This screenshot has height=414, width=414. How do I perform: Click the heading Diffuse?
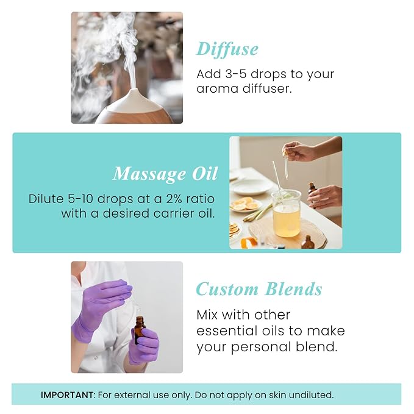(227, 49)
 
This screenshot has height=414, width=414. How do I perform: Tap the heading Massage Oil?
(165, 174)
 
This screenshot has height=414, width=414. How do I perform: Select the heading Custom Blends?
(259, 289)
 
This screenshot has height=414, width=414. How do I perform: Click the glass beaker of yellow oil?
(285, 213)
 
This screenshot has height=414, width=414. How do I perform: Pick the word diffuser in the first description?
(270, 89)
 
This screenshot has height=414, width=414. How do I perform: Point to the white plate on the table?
(251, 187)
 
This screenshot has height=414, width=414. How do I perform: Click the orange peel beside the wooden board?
(249, 243)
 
